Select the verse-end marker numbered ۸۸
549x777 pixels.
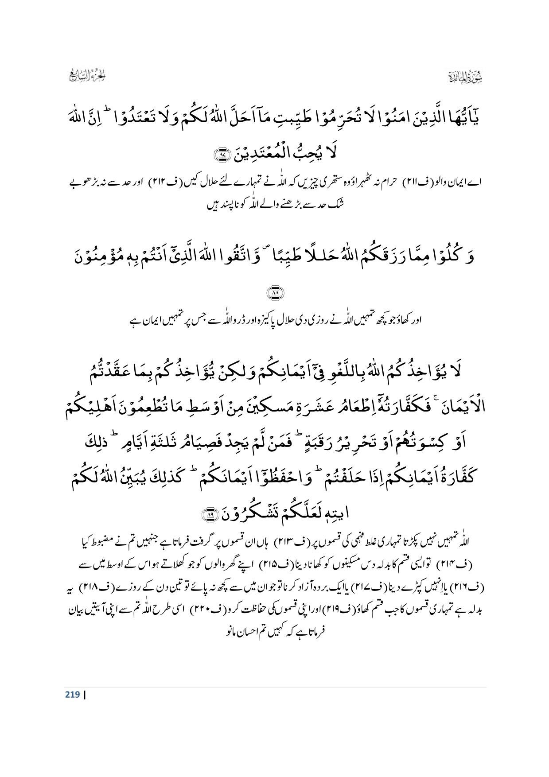coord(275,293)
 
